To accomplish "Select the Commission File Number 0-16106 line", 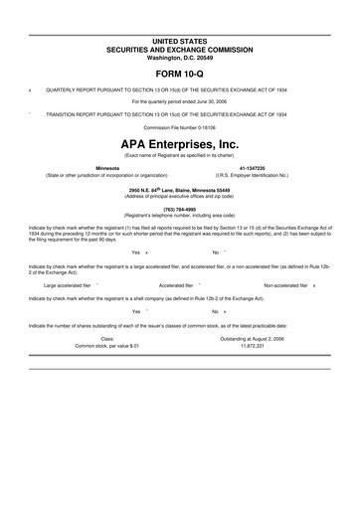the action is (179, 128).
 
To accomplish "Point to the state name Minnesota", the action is (106, 168).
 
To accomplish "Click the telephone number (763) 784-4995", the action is (179, 209).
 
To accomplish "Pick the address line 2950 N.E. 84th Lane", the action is (179, 189).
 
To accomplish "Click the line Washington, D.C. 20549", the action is (179, 56).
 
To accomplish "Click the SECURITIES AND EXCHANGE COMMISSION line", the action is (179, 48).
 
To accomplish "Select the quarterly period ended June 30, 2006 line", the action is (179, 100).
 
